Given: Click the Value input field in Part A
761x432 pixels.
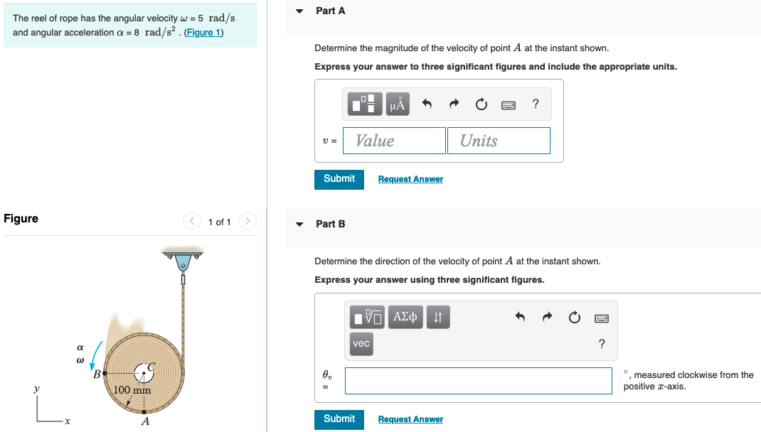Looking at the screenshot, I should click(394, 141).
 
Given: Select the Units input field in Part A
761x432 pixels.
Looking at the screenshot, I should click(499, 141).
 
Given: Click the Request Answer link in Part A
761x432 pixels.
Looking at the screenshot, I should click(410, 179).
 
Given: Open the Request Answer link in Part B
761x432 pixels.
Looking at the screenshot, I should click(410, 419).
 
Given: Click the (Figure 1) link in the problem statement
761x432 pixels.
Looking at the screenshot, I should click(203, 33).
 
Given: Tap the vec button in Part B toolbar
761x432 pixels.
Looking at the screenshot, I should click(361, 343).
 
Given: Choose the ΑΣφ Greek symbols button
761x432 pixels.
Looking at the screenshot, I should click(405, 317).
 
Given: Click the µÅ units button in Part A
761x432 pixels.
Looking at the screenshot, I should click(398, 105).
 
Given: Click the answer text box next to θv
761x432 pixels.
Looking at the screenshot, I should click(478, 380).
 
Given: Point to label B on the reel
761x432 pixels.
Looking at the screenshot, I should click(97, 374).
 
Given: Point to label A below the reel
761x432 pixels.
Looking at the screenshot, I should click(145, 421).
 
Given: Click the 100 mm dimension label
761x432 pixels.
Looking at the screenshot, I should click(132, 390).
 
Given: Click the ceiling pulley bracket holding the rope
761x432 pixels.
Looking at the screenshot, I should click(183, 258).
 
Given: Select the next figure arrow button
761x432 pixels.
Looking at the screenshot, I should click(247, 222).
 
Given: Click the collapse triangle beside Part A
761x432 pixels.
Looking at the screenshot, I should click(299, 11).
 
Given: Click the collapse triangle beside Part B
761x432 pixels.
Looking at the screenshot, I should click(299, 225).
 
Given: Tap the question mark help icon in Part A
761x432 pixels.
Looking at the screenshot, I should click(536, 105).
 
